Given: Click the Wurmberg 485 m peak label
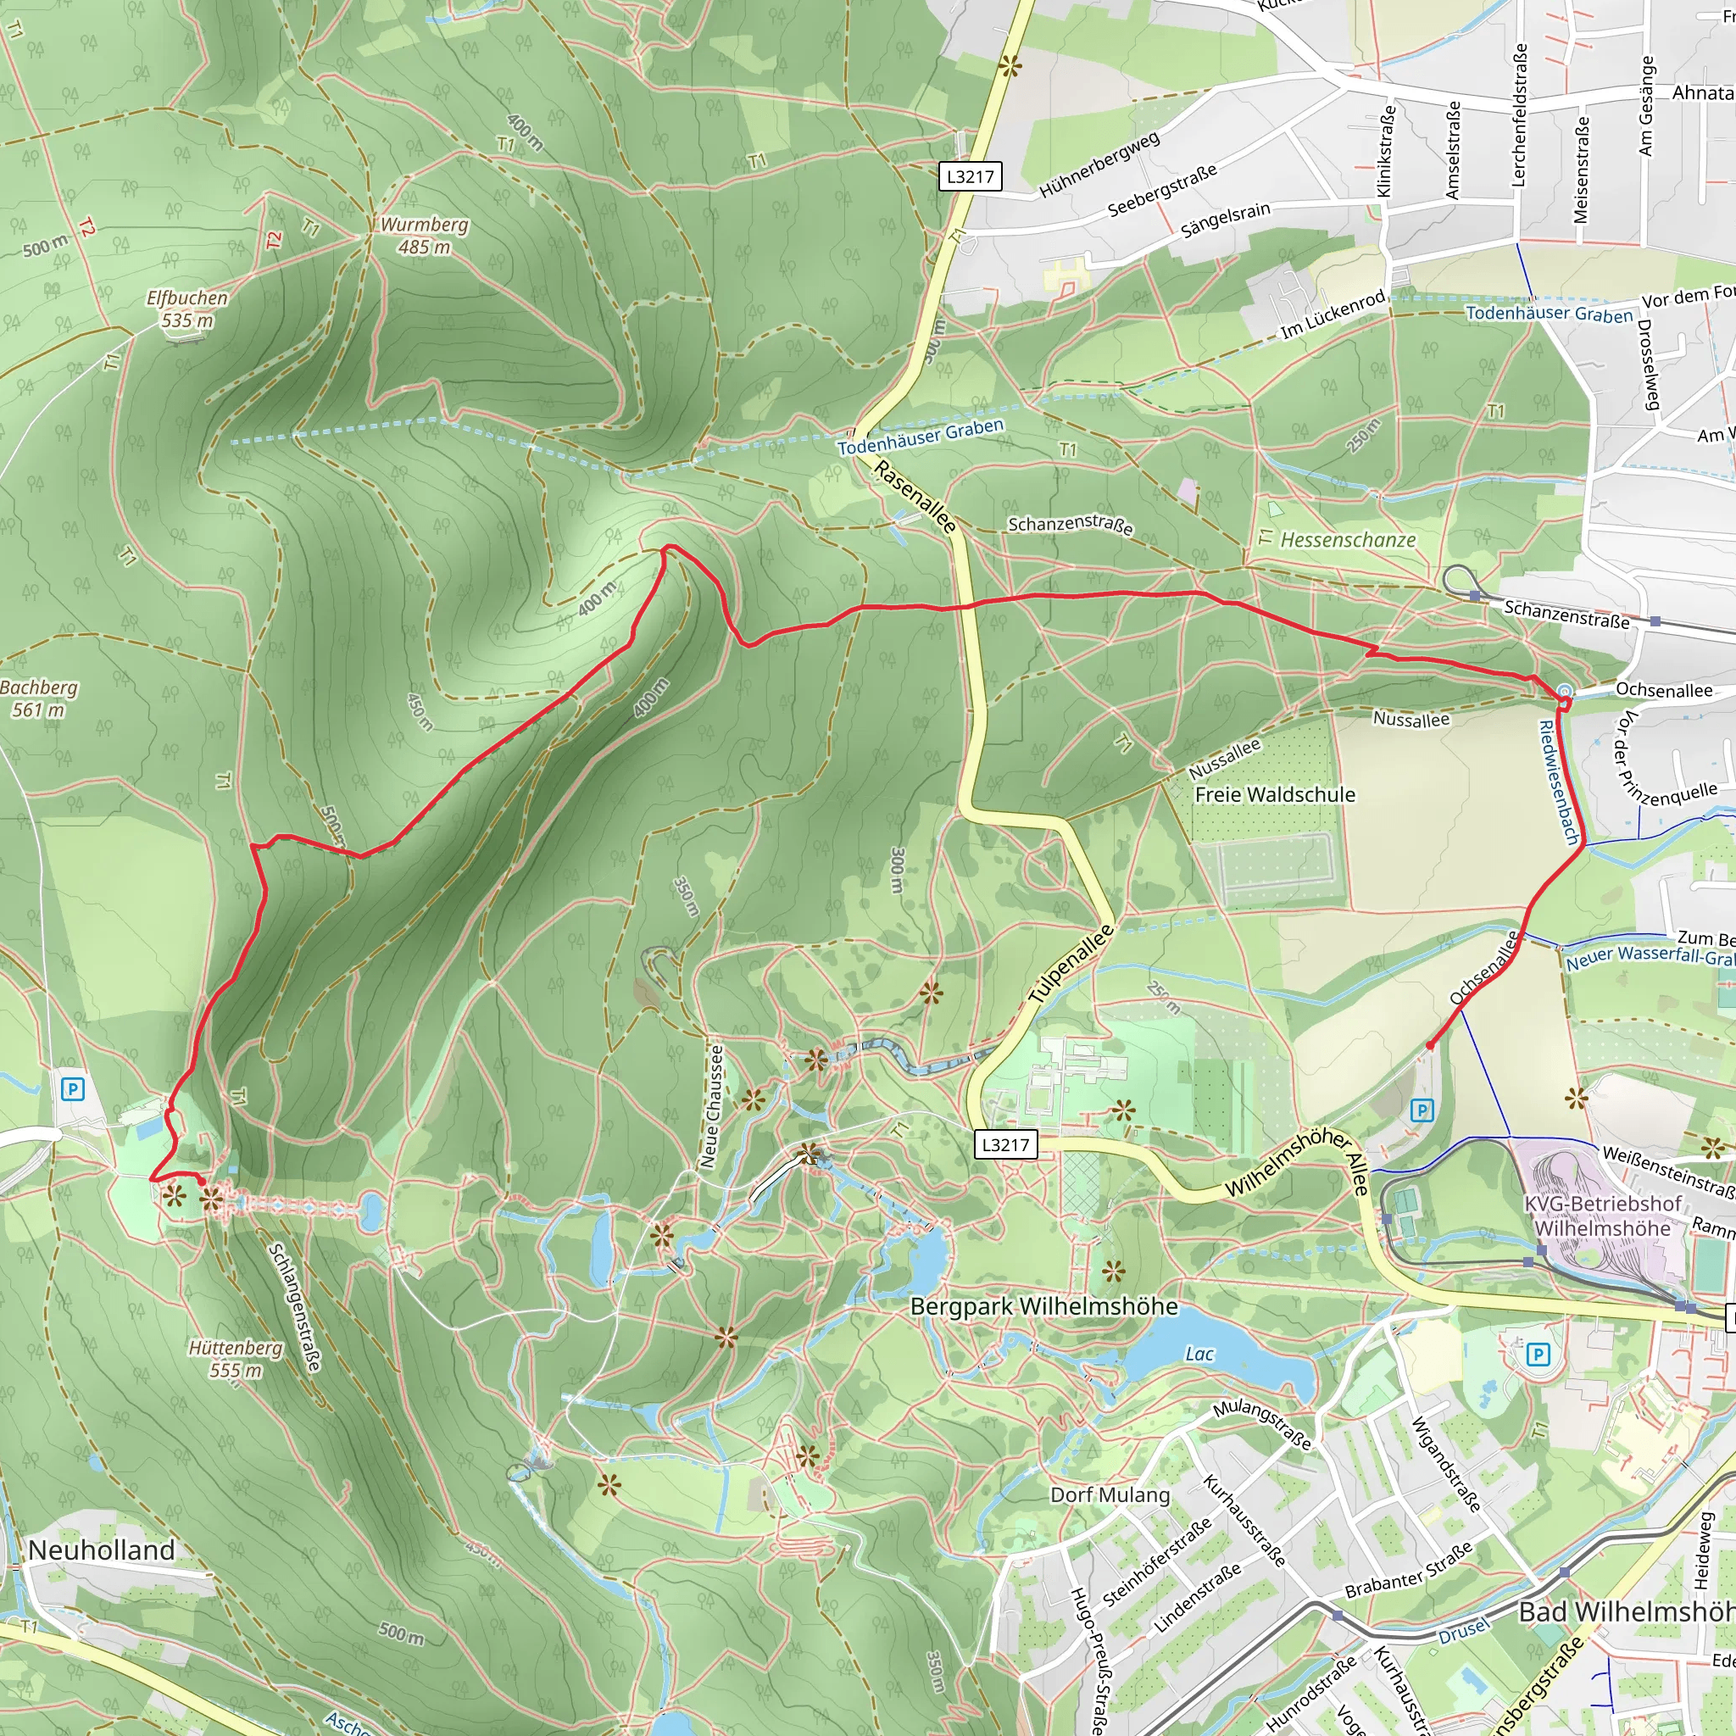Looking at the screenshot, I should coord(424,236).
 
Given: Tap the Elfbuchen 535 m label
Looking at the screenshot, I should coord(186,309).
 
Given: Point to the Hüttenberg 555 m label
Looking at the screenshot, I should coord(236,1359).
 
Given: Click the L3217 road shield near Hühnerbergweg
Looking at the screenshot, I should coord(971,176).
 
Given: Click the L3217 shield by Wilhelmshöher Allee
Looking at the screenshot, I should coord(1005,1143).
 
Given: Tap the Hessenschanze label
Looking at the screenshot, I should coord(1347,540).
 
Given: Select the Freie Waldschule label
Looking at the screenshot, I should coord(1274,794).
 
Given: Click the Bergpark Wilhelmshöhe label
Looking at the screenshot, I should coord(1043,1305).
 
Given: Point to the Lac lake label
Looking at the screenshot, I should coord(1199,1353).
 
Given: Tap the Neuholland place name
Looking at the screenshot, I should coord(102,1550).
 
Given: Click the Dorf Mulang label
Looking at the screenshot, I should coord(1110,1494).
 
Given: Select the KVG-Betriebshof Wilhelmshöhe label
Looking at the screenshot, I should coord(1602,1216).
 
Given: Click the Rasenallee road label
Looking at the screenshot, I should coord(914,497).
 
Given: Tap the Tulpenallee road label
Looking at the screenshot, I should coord(1071,964).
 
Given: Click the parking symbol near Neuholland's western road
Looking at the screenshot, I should coord(73,1090).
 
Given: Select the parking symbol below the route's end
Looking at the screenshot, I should coord(1422,1110).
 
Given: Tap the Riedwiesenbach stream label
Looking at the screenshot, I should coord(1559,782).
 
